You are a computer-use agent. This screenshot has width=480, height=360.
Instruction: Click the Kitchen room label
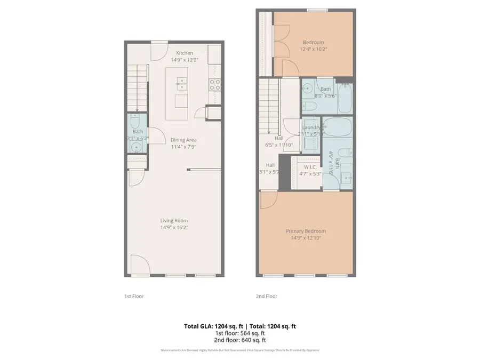pyautogui.click(x=185, y=53)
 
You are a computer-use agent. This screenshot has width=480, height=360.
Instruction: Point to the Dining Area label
pyautogui.click(x=183, y=140)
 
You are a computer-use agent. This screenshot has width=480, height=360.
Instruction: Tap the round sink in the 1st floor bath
pyautogui.click(x=137, y=148)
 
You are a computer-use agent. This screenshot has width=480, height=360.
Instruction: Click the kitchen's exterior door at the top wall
pyautogui.click(x=159, y=51)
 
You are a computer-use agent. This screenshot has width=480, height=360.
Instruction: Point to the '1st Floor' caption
pyautogui.click(x=133, y=296)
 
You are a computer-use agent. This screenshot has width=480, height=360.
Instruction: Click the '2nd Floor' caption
pyautogui.click(x=267, y=296)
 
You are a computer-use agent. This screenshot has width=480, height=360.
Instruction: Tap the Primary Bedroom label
pyautogui.click(x=306, y=231)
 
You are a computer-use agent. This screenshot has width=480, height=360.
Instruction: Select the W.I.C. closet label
pyautogui.click(x=309, y=167)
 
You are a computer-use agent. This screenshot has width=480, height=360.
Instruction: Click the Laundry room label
pyautogui.click(x=311, y=127)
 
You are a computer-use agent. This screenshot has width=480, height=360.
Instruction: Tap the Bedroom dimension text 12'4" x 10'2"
pyautogui.click(x=313, y=49)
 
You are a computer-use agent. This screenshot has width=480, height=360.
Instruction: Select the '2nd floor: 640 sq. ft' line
pyautogui.click(x=240, y=340)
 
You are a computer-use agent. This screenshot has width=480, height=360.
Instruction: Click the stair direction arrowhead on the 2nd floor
pyautogui.click(x=268, y=132)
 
